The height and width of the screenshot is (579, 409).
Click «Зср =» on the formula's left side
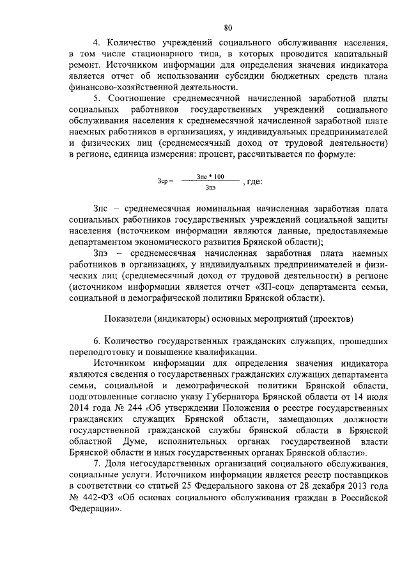coord(165,182)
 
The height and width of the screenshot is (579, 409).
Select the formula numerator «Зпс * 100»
coord(211,176)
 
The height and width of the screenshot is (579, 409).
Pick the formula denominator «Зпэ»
coord(211,187)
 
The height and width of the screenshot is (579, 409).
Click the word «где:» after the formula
coord(254,182)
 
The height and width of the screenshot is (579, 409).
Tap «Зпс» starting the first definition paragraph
coord(101,209)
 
